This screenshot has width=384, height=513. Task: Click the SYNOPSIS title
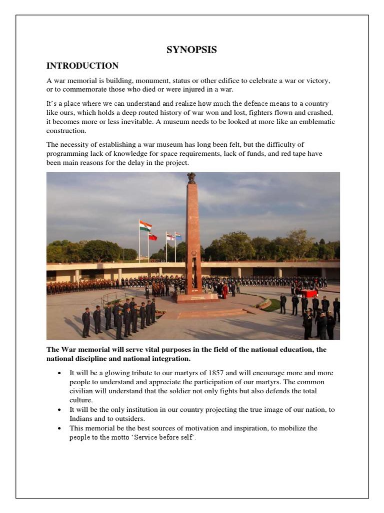click(x=191, y=50)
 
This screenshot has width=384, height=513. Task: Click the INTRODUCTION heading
click(x=82, y=66)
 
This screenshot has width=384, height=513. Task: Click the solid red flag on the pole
click(x=152, y=236)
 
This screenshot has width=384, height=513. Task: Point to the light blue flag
click(x=178, y=235)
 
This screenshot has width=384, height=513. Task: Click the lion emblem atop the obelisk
click(x=191, y=178)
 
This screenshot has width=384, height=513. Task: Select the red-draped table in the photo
click(x=309, y=293)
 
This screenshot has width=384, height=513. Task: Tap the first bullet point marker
click(x=60, y=374)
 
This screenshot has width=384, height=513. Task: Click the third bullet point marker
click(x=60, y=429)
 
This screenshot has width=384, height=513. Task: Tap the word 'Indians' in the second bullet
click(x=81, y=419)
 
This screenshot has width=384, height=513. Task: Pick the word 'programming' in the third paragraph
click(x=68, y=154)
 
